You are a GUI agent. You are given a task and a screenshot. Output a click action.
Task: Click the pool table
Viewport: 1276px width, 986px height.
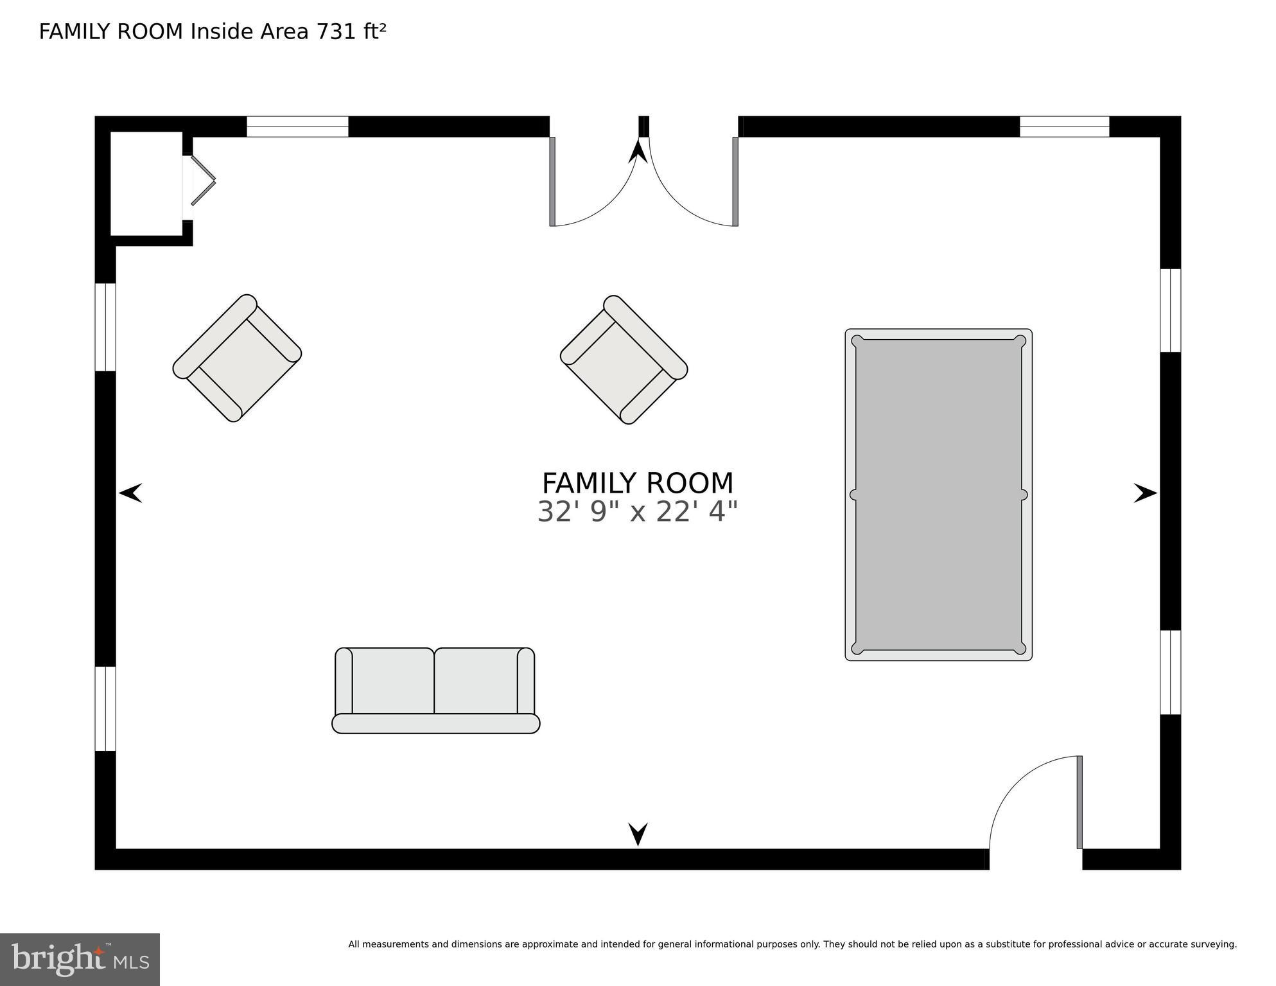click(938, 495)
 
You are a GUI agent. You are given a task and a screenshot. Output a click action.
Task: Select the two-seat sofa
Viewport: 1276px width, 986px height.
click(435, 691)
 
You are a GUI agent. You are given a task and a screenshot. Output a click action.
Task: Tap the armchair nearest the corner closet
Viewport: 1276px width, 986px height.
click(237, 358)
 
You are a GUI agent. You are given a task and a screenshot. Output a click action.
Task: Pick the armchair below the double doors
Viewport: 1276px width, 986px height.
click(624, 360)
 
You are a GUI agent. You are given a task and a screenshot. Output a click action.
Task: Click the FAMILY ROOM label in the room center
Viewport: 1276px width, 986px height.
click(637, 483)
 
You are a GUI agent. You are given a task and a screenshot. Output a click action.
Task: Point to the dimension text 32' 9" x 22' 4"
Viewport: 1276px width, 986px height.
click(637, 513)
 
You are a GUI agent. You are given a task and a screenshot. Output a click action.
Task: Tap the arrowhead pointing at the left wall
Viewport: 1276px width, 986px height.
click(130, 493)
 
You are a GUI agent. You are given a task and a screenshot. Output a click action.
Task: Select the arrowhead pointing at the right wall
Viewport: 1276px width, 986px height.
click(1145, 493)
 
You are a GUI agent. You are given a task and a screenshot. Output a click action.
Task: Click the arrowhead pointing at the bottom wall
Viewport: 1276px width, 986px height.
click(638, 834)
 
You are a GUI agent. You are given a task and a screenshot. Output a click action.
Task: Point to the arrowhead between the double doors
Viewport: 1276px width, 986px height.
click(638, 152)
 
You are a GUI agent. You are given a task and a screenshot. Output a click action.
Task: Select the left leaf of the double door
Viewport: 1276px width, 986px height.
click(552, 182)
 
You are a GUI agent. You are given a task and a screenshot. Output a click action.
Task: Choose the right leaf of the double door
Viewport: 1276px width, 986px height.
click(735, 182)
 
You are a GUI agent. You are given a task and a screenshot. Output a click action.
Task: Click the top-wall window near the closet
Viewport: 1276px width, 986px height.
click(297, 127)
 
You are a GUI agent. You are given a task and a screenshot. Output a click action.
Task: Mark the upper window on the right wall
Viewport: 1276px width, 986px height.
click(1170, 310)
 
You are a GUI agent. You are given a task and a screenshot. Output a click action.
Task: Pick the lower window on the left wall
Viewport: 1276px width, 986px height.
click(105, 709)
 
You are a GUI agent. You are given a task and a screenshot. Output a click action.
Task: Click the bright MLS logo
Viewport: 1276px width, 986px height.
click(80, 959)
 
